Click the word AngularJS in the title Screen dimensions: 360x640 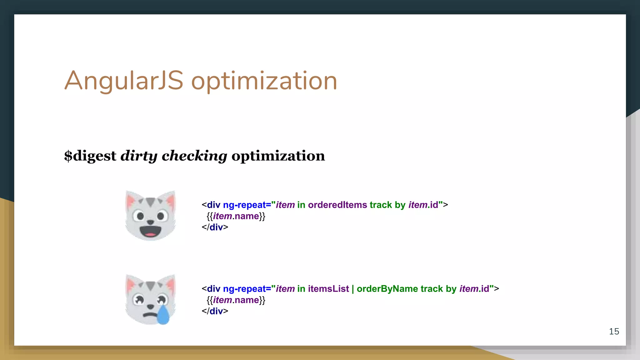tap(123, 81)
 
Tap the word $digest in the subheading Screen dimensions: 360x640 tap(90, 156)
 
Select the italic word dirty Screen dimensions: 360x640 tap(139, 156)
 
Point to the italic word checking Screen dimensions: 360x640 tap(194, 156)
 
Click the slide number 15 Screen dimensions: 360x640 tap(614, 331)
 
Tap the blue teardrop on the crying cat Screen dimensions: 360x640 tap(163, 315)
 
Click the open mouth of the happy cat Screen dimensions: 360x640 tap(150, 231)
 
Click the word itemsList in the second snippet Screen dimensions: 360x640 tap(328, 289)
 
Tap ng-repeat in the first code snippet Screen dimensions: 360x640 tap(244, 205)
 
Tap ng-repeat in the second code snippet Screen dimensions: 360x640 tap(244, 289)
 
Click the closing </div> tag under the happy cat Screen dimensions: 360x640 tap(215, 227)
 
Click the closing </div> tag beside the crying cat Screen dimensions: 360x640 tap(215, 311)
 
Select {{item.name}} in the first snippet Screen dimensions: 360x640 tap(236, 216)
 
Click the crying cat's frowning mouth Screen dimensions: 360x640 tap(149, 314)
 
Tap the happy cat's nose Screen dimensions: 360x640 tap(150, 222)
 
